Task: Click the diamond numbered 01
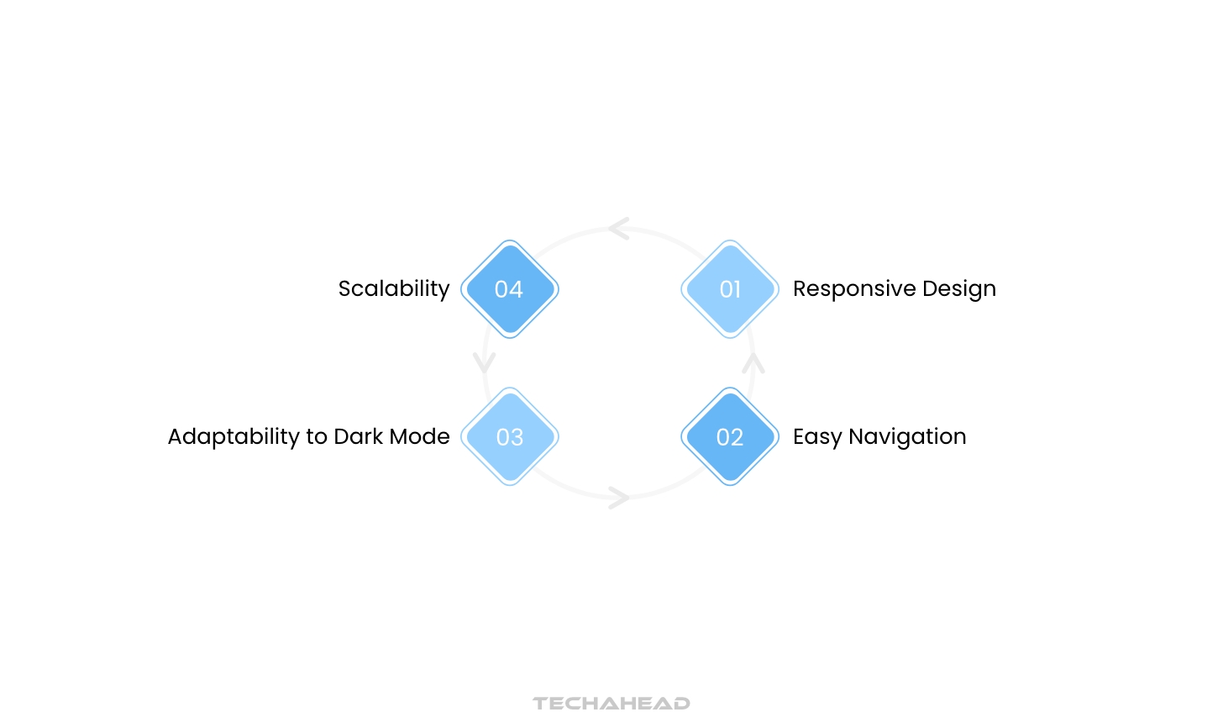[x=730, y=289]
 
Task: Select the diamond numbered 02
[x=730, y=437]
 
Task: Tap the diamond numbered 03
[x=510, y=437]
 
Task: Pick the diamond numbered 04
[x=510, y=289]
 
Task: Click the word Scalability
[x=394, y=289]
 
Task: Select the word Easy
[x=817, y=437]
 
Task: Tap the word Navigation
[x=907, y=437]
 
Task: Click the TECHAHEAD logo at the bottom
[x=611, y=703]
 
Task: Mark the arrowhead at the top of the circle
[x=619, y=229]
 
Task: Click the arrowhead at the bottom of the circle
[x=619, y=498]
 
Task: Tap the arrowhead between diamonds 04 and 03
[x=485, y=362]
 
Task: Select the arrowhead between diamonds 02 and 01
[x=753, y=363]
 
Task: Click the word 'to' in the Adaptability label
[x=317, y=437]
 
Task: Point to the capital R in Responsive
[x=800, y=289]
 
